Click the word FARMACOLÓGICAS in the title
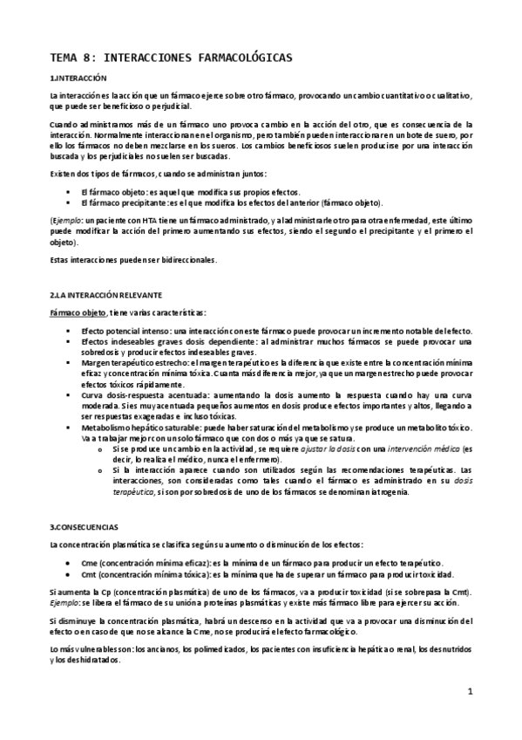click(x=236, y=58)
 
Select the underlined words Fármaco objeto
click(x=78, y=312)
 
